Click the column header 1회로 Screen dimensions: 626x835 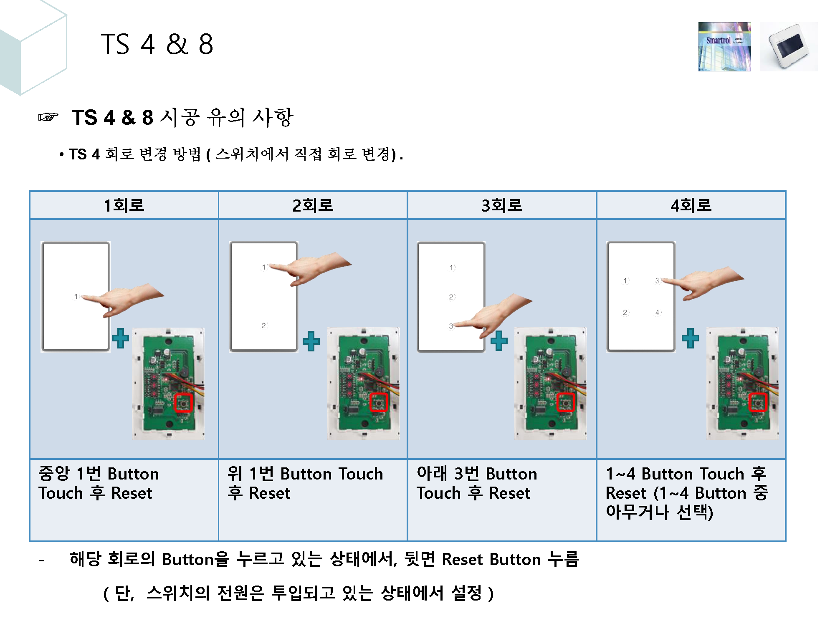[x=124, y=205]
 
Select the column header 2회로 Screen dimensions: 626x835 [x=313, y=205]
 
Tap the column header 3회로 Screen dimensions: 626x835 [x=502, y=205]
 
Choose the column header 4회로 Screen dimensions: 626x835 [x=691, y=205]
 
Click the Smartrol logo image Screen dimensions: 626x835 [x=724, y=47]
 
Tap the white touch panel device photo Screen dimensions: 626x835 [x=789, y=47]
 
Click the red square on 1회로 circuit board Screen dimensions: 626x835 [x=183, y=403]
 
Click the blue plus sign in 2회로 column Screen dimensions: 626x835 [x=311, y=341]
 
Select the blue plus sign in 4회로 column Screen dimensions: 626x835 [x=690, y=338]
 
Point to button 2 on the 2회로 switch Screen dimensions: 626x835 [x=264, y=326]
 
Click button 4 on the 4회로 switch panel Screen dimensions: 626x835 [x=658, y=312]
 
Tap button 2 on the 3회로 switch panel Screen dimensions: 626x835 [x=451, y=297]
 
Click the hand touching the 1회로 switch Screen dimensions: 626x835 [x=125, y=300]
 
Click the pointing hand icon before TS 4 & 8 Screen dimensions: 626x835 [x=48, y=117]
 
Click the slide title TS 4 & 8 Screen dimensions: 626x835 [x=157, y=44]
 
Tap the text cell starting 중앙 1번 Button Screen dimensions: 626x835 [x=99, y=483]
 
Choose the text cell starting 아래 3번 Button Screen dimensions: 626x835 [x=476, y=483]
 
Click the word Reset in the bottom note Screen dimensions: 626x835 [x=462, y=560]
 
